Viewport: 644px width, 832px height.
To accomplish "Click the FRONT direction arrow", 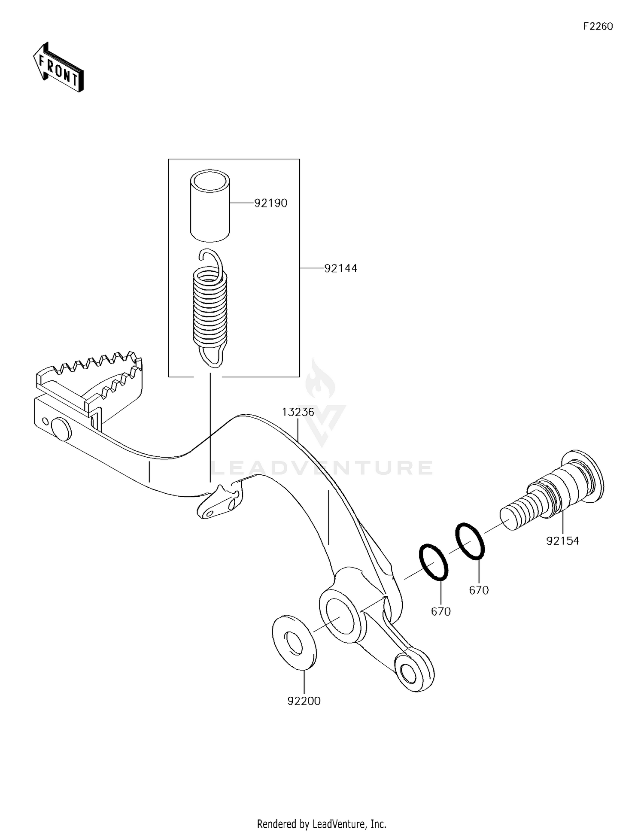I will point(58,67).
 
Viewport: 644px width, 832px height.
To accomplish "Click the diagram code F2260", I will point(598,27).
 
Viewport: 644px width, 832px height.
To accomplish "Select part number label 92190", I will point(270,203).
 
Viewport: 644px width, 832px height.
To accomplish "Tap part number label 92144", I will point(340,268).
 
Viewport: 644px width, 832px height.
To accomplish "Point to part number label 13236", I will point(298,412).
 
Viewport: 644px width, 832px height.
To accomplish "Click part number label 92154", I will point(562,541).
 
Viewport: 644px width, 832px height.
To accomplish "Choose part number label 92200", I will point(304,701).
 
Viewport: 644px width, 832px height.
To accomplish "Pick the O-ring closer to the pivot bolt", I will point(470,541).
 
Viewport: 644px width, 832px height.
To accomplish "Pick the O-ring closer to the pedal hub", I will point(434,562).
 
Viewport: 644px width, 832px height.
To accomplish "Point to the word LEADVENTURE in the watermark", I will point(322,468).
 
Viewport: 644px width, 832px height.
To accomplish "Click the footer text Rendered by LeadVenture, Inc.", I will point(322,823).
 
